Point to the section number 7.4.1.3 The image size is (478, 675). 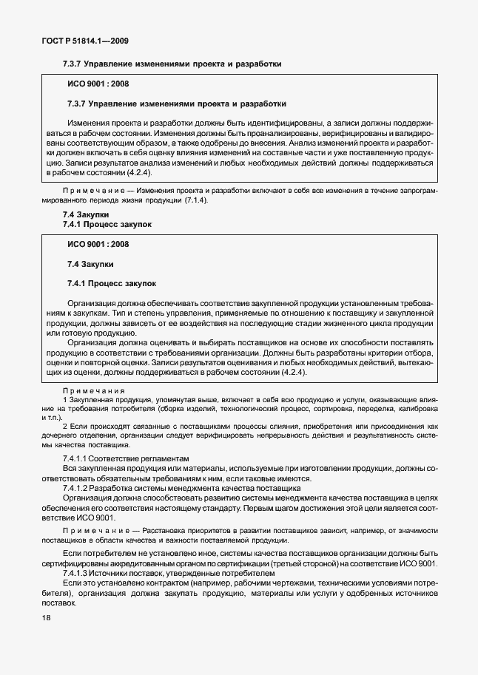pos(80,574)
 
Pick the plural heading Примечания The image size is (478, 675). pos(94,390)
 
